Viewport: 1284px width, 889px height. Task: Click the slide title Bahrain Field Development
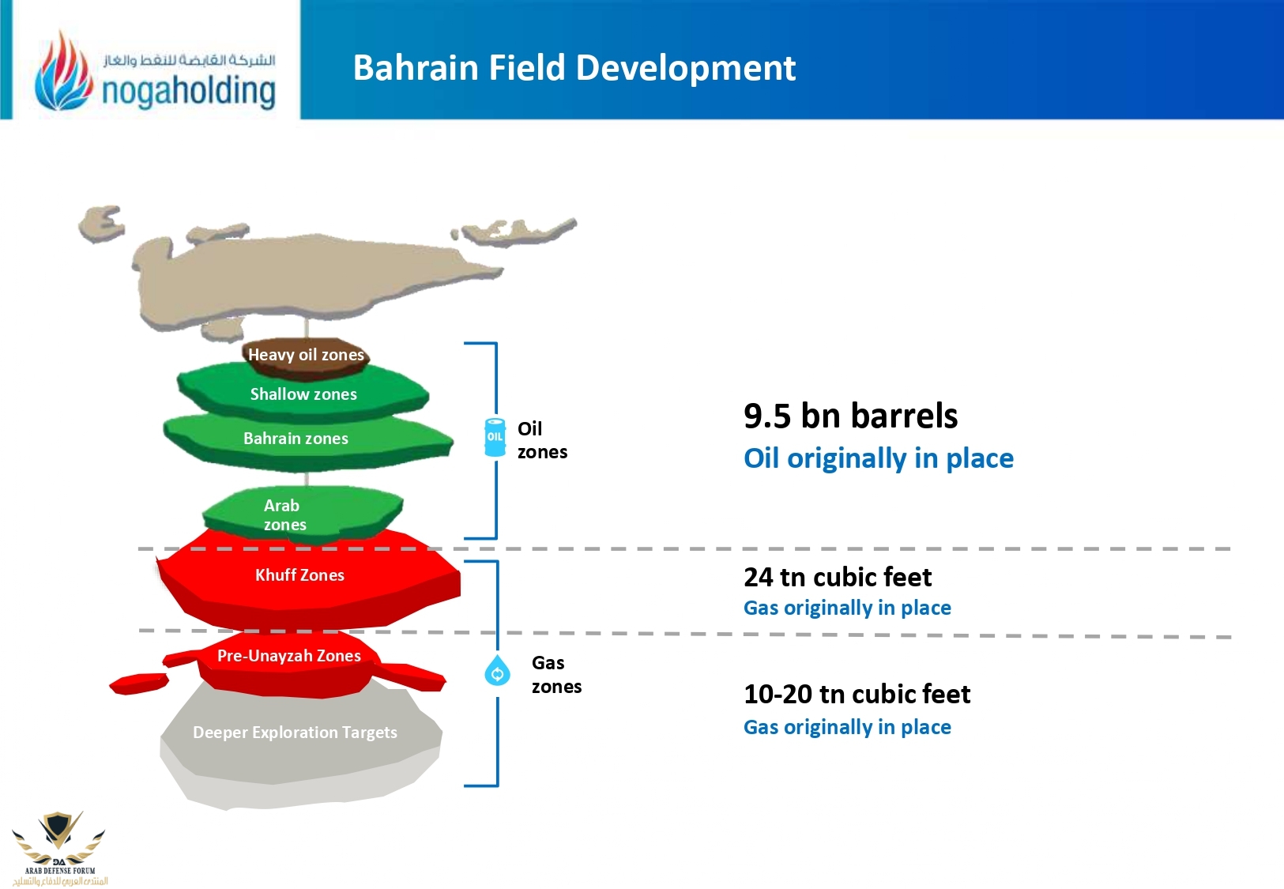(x=574, y=68)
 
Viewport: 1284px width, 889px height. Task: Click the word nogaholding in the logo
(x=189, y=92)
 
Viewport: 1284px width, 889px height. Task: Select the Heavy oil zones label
(x=306, y=355)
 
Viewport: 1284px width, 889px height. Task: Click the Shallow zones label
(x=303, y=394)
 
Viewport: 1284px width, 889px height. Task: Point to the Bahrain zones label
(x=296, y=439)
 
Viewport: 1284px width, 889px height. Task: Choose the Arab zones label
(x=285, y=514)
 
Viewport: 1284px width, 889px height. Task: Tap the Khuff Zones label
(x=299, y=575)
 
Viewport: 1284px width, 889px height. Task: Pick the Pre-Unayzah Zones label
(x=289, y=656)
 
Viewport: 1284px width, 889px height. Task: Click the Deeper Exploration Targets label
(x=295, y=733)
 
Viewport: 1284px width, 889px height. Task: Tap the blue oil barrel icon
(x=495, y=437)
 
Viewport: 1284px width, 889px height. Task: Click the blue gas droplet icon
(x=497, y=670)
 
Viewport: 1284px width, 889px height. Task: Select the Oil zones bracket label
(x=542, y=440)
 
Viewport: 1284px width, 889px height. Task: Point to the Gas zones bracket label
(x=556, y=675)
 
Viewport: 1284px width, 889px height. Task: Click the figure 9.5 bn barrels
(x=851, y=416)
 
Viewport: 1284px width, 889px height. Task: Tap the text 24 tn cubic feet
(x=838, y=577)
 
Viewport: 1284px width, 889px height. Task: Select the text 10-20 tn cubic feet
(x=857, y=694)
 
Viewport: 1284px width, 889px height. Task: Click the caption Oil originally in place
(x=879, y=458)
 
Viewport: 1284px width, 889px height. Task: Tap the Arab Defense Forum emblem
(x=59, y=849)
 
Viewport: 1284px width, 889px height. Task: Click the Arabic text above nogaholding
(x=189, y=60)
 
